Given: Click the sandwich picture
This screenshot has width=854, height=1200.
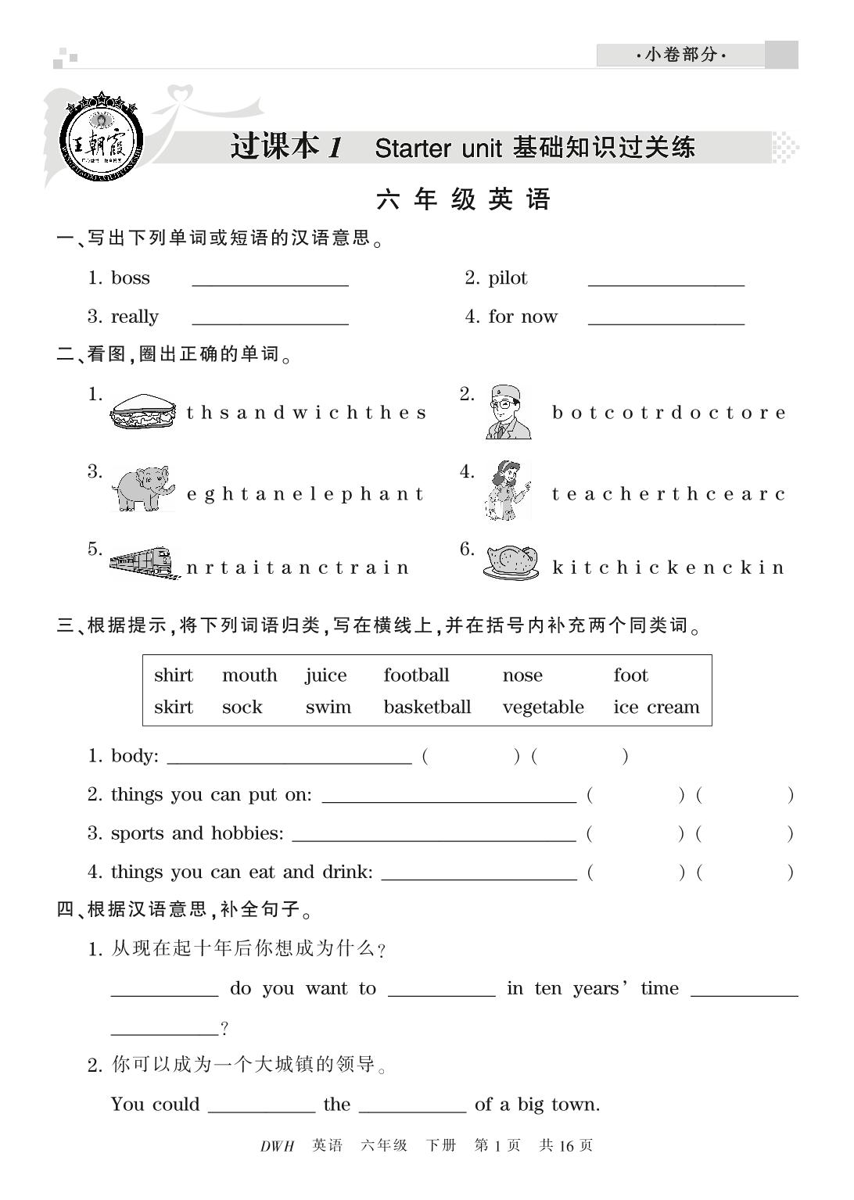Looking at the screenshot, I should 145,411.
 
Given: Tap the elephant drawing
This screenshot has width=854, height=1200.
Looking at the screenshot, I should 143,489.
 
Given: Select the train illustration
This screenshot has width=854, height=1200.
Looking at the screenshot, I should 142,562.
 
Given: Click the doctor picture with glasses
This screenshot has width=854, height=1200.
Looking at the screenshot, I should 508,412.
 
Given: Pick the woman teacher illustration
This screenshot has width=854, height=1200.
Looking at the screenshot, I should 508,491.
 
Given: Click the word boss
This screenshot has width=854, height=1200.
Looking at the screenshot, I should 131,278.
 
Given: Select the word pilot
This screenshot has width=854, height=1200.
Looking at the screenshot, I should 508,278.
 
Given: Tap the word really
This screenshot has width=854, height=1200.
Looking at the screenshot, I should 135,317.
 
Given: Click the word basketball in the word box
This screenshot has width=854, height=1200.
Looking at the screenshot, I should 427,707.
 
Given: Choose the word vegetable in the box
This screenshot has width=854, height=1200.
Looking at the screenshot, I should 543,707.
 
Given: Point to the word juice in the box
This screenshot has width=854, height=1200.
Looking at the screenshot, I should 326,675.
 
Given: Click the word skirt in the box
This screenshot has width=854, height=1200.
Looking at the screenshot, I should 174,707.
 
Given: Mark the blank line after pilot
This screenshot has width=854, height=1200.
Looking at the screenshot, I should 666,284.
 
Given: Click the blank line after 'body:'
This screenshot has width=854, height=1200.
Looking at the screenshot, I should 289,760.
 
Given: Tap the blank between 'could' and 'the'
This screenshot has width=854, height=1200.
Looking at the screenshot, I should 261,1109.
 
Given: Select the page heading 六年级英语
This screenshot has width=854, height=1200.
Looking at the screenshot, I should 464,200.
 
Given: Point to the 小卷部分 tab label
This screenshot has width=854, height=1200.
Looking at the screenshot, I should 680,55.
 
